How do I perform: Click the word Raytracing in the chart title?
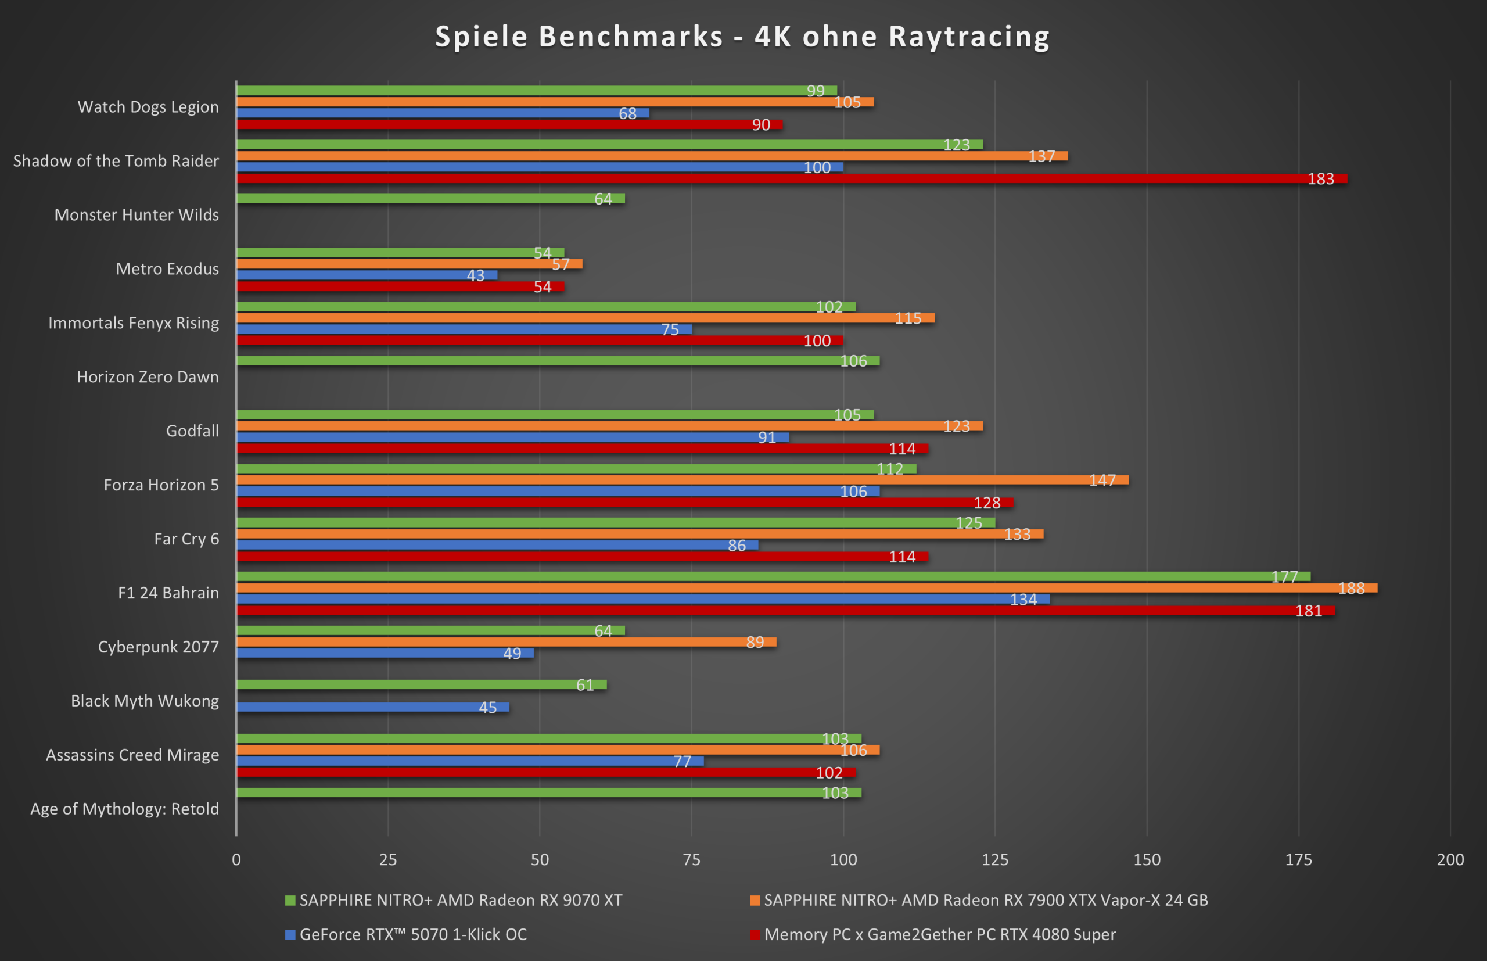pyautogui.click(x=969, y=37)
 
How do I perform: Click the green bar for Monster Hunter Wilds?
pyautogui.click(x=430, y=199)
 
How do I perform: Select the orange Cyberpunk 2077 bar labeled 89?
pyautogui.click(x=506, y=642)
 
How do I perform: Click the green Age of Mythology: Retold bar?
pyautogui.click(x=549, y=793)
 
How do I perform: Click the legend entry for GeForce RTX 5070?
pyautogui.click(x=412, y=934)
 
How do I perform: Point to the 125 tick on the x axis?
pyautogui.click(x=995, y=859)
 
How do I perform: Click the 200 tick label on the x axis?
pyautogui.click(x=1450, y=859)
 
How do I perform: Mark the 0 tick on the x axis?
pyautogui.click(x=236, y=859)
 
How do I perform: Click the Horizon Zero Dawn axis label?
pyautogui.click(x=148, y=377)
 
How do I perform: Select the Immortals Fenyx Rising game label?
pyautogui.click(x=134, y=323)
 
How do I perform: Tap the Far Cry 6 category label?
pyautogui.click(x=186, y=539)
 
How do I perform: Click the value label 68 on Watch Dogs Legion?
pyautogui.click(x=627, y=113)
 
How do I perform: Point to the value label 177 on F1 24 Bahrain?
pyautogui.click(x=1284, y=577)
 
